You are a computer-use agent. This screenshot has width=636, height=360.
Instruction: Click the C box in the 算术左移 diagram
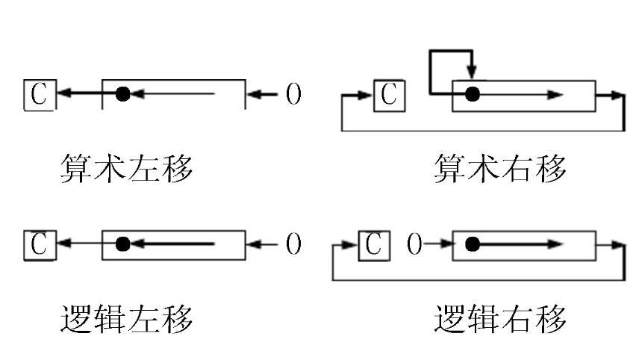(x=39, y=94)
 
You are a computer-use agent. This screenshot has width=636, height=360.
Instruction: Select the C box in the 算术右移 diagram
(x=390, y=95)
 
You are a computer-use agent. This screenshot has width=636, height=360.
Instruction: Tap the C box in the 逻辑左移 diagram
(x=39, y=244)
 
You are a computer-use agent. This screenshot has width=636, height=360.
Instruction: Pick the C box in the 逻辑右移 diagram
(x=375, y=244)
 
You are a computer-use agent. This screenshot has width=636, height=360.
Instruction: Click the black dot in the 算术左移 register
(x=123, y=94)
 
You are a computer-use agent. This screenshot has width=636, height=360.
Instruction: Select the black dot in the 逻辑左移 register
(x=123, y=244)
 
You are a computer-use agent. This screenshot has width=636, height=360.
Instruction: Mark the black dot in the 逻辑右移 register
(x=471, y=244)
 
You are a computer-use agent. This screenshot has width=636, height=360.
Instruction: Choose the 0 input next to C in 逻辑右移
(x=415, y=244)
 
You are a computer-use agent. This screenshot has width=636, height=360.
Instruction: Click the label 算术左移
(x=126, y=170)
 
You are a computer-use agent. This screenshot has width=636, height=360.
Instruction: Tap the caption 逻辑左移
(x=126, y=319)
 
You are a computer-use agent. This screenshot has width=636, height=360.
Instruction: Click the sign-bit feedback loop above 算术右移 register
(x=451, y=54)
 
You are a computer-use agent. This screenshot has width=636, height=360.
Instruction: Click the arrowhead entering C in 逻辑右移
(x=352, y=244)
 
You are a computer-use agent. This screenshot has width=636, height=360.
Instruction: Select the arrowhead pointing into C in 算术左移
(x=63, y=94)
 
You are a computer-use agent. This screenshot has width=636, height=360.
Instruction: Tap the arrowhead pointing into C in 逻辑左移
(x=63, y=244)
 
